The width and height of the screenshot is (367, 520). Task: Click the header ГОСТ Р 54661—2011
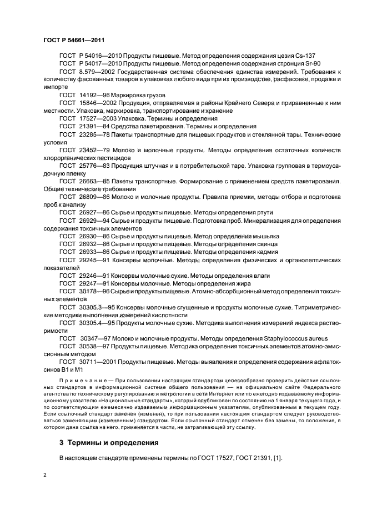(74, 40)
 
